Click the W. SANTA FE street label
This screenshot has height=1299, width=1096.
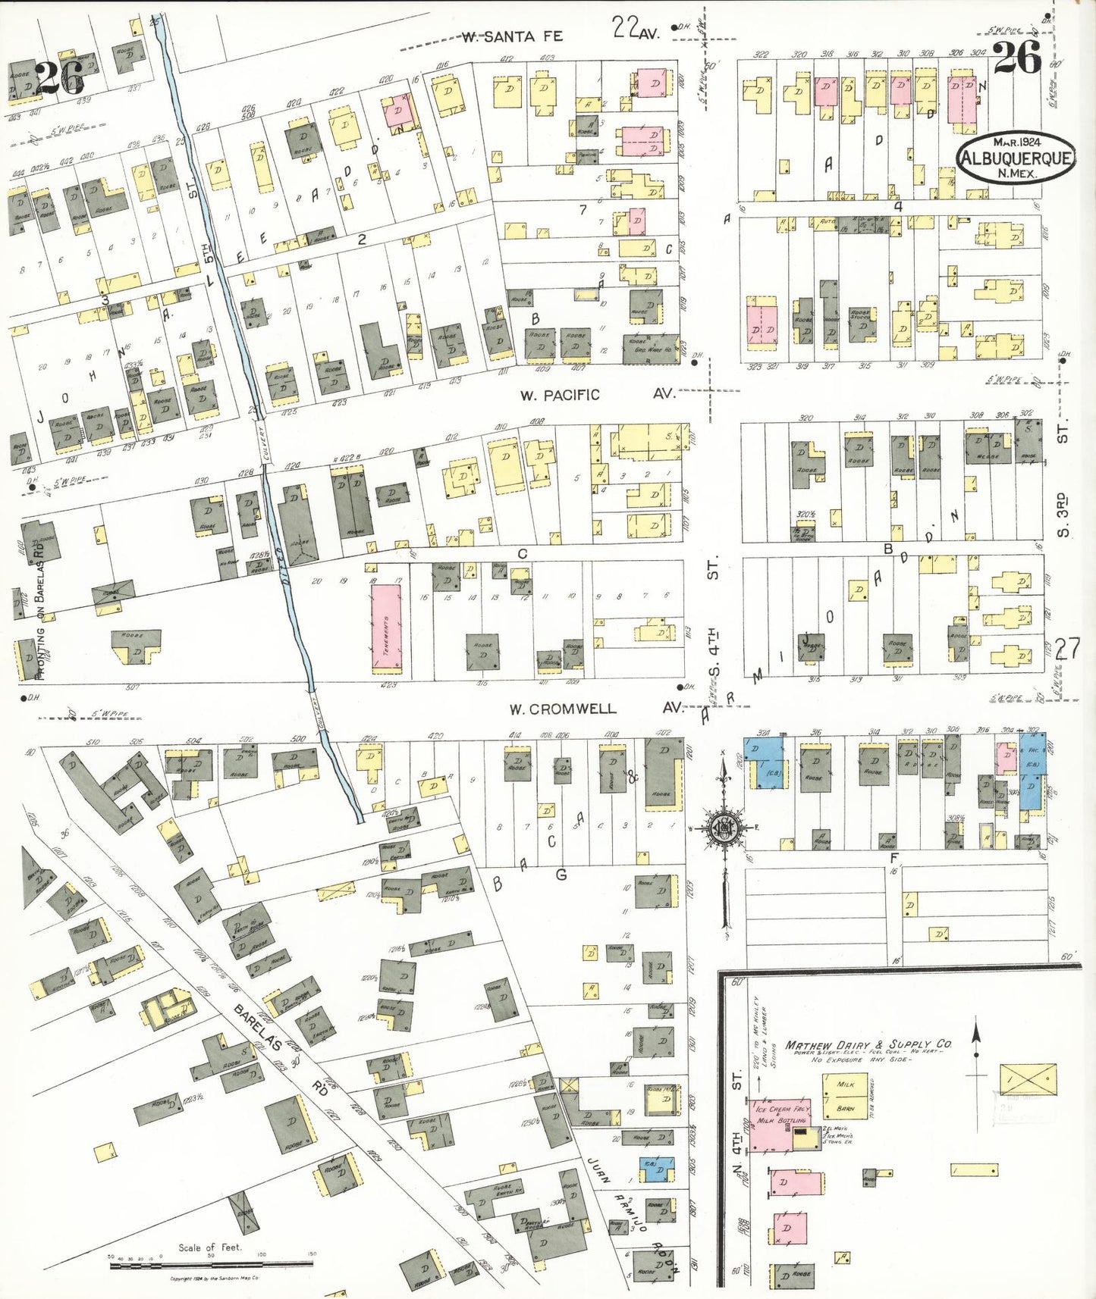[512, 36]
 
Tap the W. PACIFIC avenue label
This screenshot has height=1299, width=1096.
[560, 395]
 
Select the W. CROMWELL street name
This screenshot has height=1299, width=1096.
[562, 709]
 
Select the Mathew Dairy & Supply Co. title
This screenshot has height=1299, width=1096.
[868, 1044]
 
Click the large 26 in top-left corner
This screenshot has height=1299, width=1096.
[59, 78]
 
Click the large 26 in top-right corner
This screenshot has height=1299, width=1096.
[1018, 58]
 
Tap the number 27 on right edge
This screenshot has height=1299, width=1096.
[1066, 649]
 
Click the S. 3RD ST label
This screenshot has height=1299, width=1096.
[1063, 515]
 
